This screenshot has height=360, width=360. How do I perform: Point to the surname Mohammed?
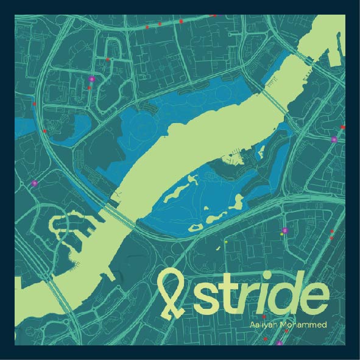(x=305, y=324)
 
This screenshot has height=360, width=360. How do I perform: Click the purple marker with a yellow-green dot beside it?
(x=285, y=230)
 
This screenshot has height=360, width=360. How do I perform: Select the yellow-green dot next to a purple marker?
(x=281, y=235)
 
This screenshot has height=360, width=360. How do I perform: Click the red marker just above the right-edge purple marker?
(x=342, y=127)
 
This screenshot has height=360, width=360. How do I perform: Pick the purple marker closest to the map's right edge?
(x=334, y=139)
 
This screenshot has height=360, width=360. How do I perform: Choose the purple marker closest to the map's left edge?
(x=35, y=183)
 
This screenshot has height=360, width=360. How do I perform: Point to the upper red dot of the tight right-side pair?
(x=331, y=231)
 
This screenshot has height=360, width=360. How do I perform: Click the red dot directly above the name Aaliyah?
(x=263, y=317)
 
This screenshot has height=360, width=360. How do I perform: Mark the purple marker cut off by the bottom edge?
(x=280, y=344)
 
